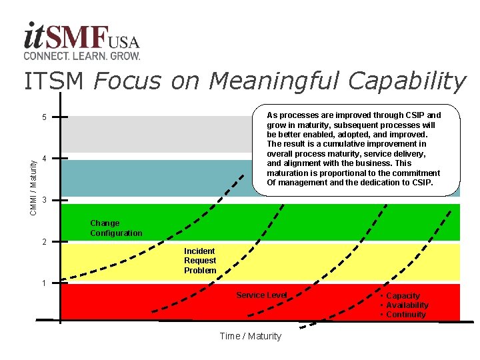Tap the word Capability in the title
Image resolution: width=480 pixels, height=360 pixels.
point(405,81)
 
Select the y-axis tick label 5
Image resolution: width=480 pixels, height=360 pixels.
point(44,118)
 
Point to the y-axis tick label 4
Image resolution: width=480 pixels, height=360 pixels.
point(44,159)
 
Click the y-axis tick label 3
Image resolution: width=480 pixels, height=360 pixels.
point(44,200)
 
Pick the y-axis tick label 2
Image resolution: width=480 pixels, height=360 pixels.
point(44,241)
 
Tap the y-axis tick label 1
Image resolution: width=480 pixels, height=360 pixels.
point(44,283)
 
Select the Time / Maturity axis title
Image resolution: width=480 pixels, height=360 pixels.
point(250,336)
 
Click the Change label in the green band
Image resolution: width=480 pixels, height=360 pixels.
point(105,223)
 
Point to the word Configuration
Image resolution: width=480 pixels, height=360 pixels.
point(116,233)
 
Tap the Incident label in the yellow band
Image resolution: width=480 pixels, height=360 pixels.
point(199,251)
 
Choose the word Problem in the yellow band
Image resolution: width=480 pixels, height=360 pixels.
point(200,271)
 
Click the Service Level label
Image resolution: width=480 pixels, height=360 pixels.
point(261,295)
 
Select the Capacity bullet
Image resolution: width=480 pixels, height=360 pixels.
point(403,296)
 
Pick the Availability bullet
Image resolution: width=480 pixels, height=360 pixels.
point(407,305)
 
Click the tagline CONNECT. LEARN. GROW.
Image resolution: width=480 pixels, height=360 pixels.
point(81,55)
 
